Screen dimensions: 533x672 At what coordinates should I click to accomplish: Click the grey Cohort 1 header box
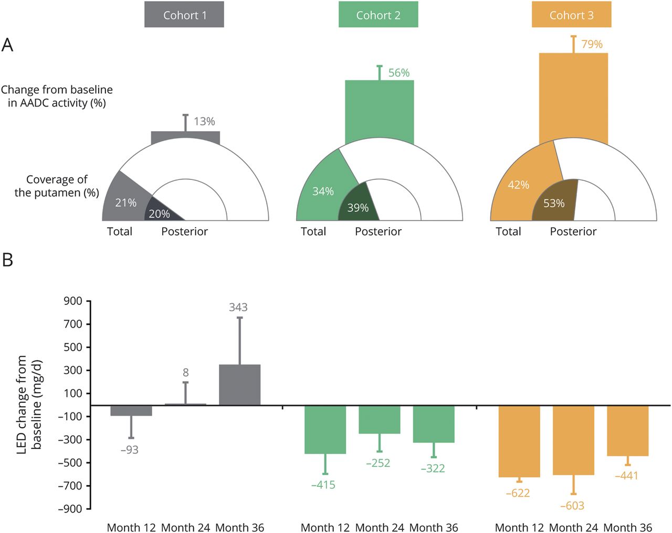point(184,15)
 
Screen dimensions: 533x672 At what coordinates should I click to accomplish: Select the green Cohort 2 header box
point(378,15)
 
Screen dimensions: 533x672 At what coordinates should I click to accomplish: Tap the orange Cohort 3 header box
point(571,15)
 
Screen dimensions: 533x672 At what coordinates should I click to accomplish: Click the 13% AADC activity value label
point(204,122)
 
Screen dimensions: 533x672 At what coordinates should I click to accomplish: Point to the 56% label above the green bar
point(398,73)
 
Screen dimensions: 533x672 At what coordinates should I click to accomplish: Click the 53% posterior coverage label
point(554,204)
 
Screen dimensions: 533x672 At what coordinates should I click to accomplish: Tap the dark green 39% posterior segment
point(358,205)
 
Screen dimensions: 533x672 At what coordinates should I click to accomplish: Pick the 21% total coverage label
point(126,202)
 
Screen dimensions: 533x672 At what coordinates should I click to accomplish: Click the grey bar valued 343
point(239,385)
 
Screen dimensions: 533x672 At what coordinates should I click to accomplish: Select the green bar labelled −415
point(325,429)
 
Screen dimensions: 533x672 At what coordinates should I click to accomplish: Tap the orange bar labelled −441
point(627,430)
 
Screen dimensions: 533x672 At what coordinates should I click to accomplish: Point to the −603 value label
point(572,506)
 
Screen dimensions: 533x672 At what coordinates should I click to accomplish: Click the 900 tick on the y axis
point(73,301)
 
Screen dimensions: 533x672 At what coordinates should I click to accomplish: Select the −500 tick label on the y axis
point(71,463)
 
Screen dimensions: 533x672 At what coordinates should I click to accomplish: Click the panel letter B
point(8,260)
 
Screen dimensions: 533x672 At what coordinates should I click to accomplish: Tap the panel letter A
point(7,45)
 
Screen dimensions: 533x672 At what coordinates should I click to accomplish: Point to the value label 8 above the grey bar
point(185,372)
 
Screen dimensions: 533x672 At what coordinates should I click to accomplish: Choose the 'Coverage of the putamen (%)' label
point(57,186)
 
